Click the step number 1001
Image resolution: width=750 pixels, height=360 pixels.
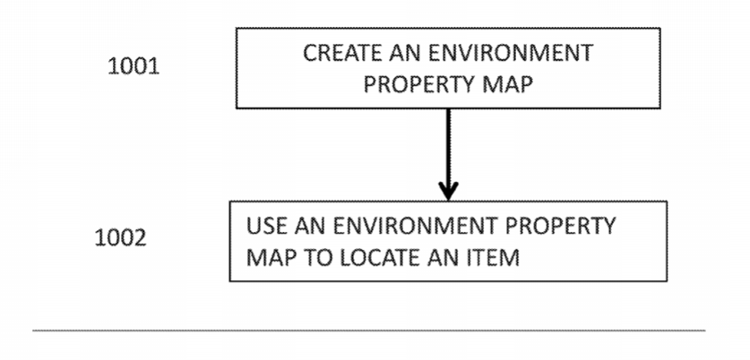pos(134,66)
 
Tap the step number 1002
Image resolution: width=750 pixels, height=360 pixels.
pos(121,237)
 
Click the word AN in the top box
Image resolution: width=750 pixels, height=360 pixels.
pos(405,53)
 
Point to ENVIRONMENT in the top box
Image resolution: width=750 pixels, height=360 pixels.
pos(511,53)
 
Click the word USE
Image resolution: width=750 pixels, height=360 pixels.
pos(267,226)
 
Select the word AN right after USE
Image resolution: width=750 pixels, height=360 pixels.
pos(310,226)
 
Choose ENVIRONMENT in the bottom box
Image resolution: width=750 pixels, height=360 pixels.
pos(416,226)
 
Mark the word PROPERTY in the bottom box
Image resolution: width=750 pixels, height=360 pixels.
pos(561,226)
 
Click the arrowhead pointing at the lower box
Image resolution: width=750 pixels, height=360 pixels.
pos(448,192)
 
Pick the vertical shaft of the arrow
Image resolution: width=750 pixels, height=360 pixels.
pos(448,148)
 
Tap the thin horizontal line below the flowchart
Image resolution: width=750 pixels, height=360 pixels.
pos(369,330)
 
